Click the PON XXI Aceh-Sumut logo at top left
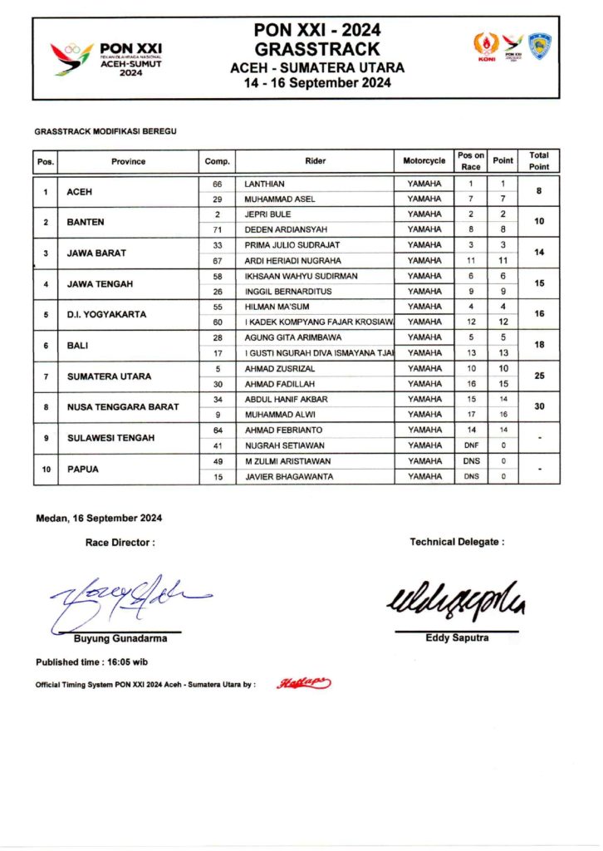[106, 59]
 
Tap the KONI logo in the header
[483, 47]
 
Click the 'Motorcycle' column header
[424, 161]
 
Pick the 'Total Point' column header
[539, 161]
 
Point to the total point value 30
[539, 406]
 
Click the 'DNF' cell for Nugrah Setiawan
[471, 445]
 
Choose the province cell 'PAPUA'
[83, 469]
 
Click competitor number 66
[218, 183]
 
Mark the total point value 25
[539, 376]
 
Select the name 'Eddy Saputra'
[457, 637]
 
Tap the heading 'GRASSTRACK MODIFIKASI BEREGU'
[105, 131]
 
